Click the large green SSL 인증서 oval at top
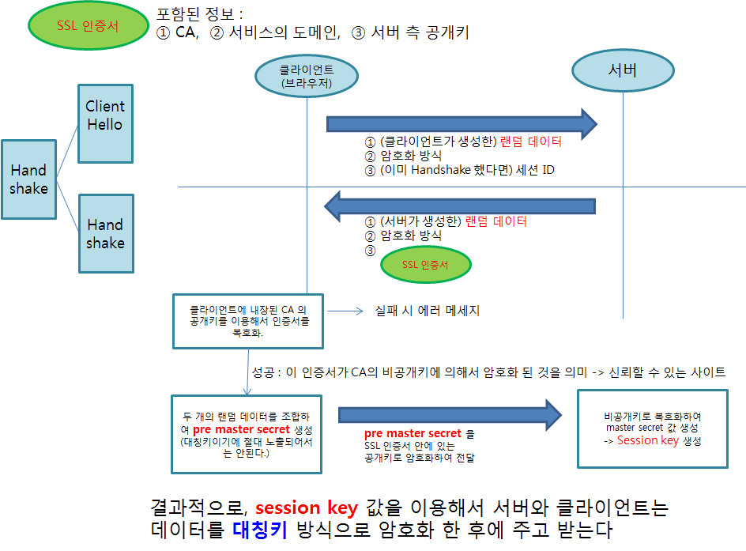pyautogui.click(x=88, y=25)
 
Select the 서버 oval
pyautogui.click(x=622, y=70)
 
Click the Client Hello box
pyautogui.click(x=105, y=116)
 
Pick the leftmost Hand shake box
pyautogui.click(x=28, y=179)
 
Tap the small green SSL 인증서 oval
pyautogui.click(x=425, y=265)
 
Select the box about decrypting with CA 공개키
pyautogui.click(x=248, y=321)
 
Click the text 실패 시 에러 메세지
pyautogui.click(x=427, y=311)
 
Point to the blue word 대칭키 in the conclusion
pyautogui.click(x=259, y=529)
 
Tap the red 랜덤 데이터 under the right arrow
pyautogui.click(x=530, y=142)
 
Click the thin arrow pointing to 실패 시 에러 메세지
pyautogui.click(x=344, y=311)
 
